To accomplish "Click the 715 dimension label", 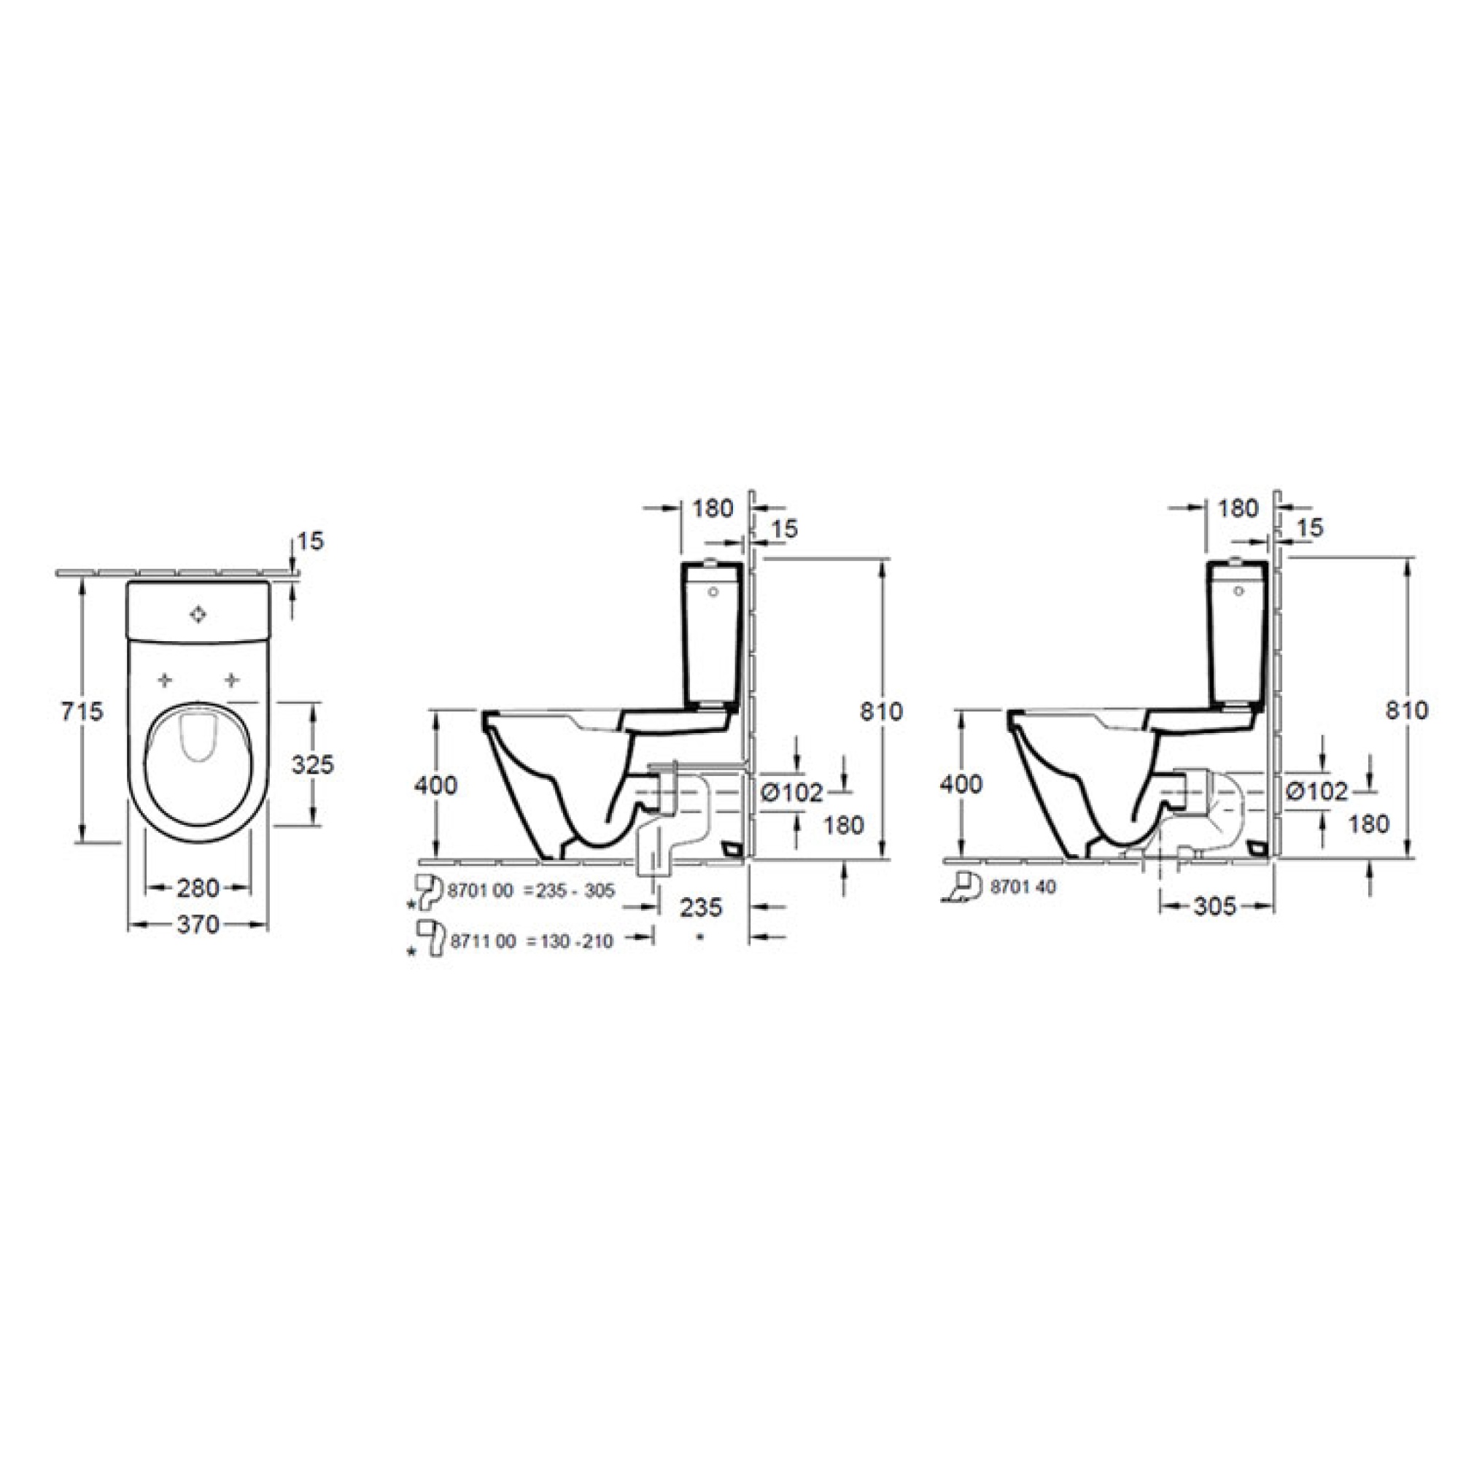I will [x=82, y=712].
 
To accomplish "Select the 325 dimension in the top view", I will [x=313, y=764].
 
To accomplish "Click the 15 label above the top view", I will [x=309, y=541].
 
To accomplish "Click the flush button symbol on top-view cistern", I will [x=198, y=615].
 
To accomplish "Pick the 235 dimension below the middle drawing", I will [x=700, y=907].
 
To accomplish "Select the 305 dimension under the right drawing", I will [x=1214, y=906].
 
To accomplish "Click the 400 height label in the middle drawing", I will [x=435, y=786].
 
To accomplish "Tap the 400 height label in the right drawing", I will [x=961, y=784].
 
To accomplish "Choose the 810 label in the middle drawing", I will [x=881, y=712].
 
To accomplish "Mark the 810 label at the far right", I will [x=1407, y=710].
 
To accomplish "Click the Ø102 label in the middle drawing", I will [x=791, y=793].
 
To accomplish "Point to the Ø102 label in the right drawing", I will [x=1317, y=791].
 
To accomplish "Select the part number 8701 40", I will [x=1023, y=887].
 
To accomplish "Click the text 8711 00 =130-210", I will [x=531, y=942].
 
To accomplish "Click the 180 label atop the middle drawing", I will [x=713, y=508].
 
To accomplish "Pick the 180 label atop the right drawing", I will [x=1238, y=508].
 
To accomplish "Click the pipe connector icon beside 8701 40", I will [x=963, y=886].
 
